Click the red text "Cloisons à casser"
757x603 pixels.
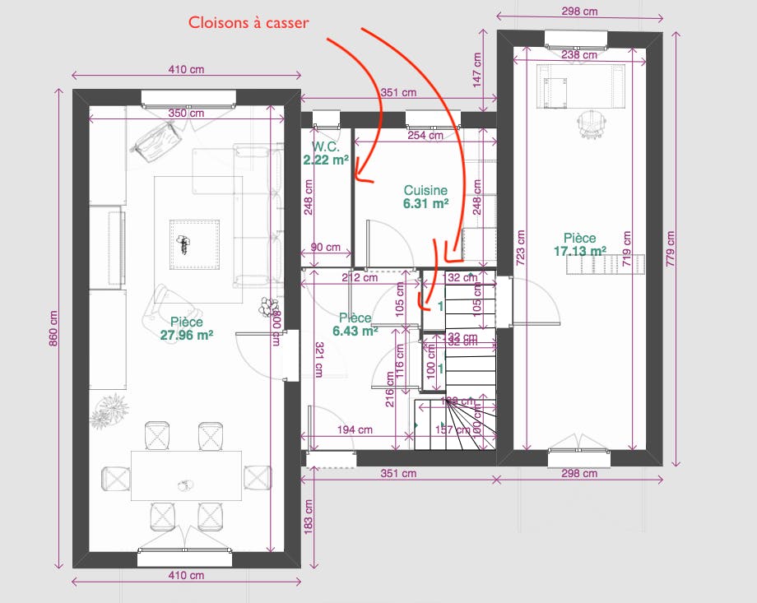(x=248, y=23)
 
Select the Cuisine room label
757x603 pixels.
(x=425, y=190)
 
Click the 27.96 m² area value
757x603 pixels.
(x=187, y=335)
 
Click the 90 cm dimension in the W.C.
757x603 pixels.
(x=326, y=247)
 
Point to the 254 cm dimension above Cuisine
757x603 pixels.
(x=425, y=136)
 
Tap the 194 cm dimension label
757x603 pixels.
(x=355, y=429)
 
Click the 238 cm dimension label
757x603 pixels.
(x=579, y=55)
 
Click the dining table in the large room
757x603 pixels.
(x=186, y=475)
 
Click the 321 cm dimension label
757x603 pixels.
(x=316, y=360)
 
